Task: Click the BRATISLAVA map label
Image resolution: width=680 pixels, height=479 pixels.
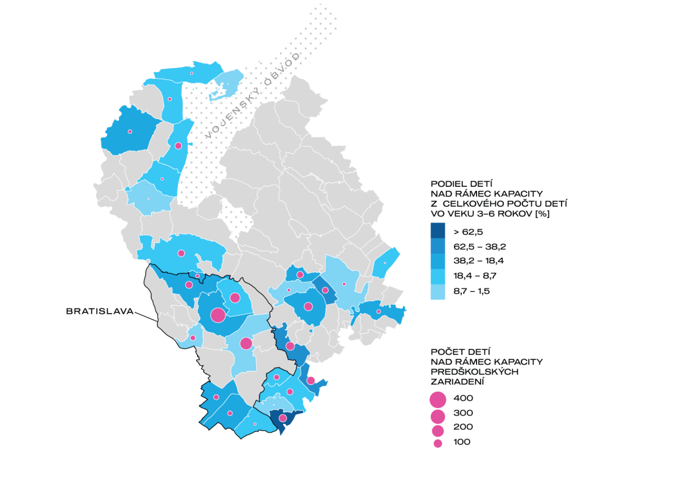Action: point(99,311)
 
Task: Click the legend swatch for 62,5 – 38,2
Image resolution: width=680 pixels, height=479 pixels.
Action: point(437,246)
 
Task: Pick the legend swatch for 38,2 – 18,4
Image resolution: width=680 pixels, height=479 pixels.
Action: point(437,261)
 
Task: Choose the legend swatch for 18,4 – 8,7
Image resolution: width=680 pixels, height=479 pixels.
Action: point(437,276)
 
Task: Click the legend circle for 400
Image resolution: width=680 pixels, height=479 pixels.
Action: point(437,400)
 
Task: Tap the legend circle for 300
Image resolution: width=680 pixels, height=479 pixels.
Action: point(437,417)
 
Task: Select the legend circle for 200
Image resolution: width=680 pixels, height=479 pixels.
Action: point(437,431)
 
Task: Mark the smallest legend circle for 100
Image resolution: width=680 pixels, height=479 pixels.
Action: point(437,443)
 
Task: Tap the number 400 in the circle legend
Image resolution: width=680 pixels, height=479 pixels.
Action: point(463,398)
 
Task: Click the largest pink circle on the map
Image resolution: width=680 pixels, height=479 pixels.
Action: point(218,315)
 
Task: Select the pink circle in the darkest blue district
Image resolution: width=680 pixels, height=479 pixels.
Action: point(282,418)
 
